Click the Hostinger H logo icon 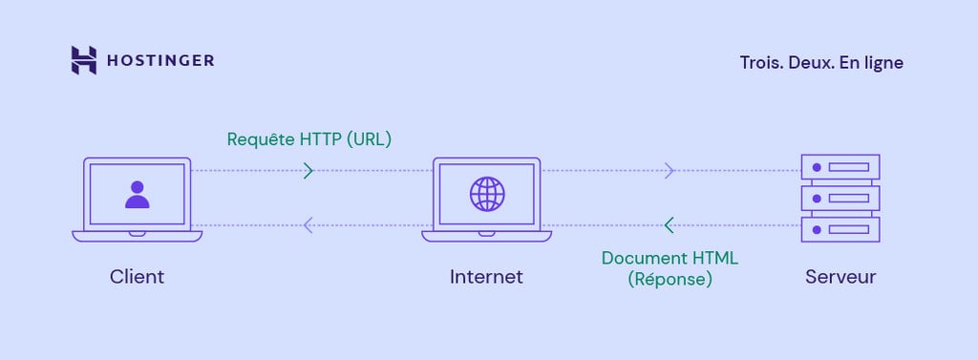click(84, 60)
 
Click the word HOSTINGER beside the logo click(160, 61)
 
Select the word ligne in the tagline click(882, 63)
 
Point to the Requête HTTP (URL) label click(309, 139)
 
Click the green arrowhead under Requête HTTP click(308, 171)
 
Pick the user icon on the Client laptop click(138, 194)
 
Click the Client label click(137, 277)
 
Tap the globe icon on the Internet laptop click(486, 194)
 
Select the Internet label click(486, 277)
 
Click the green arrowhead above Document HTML click(669, 225)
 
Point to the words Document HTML click(670, 258)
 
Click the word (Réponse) click(670, 280)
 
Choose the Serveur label click(840, 277)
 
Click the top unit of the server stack click(840, 167)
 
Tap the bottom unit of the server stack click(840, 230)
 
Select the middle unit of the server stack click(840, 199)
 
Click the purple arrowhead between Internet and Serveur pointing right click(670, 171)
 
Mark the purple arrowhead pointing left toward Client click(308, 225)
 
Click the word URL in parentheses click(369, 139)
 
